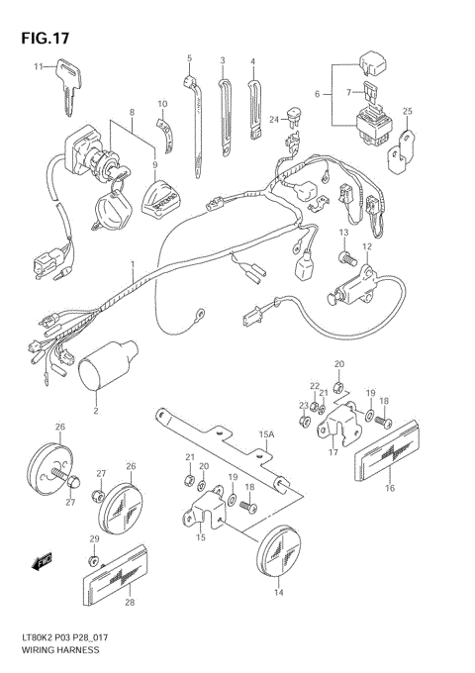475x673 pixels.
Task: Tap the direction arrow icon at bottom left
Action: pyautogui.click(x=42, y=562)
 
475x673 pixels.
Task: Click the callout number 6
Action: pyautogui.click(x=317, y=93)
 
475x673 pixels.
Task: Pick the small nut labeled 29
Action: pyautogui.click(x=95, y=559)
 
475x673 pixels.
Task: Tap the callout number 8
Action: pyautogui.click(x=130, y=115)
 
